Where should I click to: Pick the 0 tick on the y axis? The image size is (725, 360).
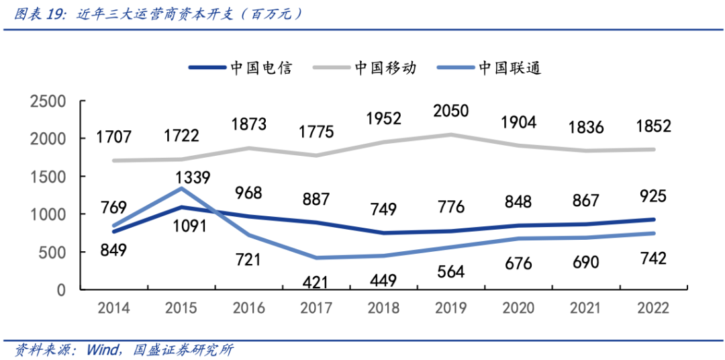click(x=60, y=290)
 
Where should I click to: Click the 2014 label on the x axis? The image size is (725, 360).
click(x=114, y=308)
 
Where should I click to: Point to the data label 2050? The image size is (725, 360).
click(x=450, y=111)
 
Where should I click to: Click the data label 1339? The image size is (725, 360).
click(x=193, y=178)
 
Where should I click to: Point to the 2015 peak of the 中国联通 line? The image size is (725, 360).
click(x=181, y=189)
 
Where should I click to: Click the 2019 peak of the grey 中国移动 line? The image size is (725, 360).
click(x=450, y=135)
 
